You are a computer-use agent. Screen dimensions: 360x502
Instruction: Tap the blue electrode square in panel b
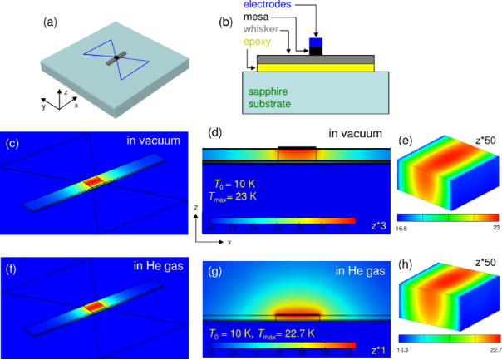pos(315,42)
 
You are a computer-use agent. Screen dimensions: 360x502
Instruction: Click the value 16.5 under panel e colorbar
pos(401,225)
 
